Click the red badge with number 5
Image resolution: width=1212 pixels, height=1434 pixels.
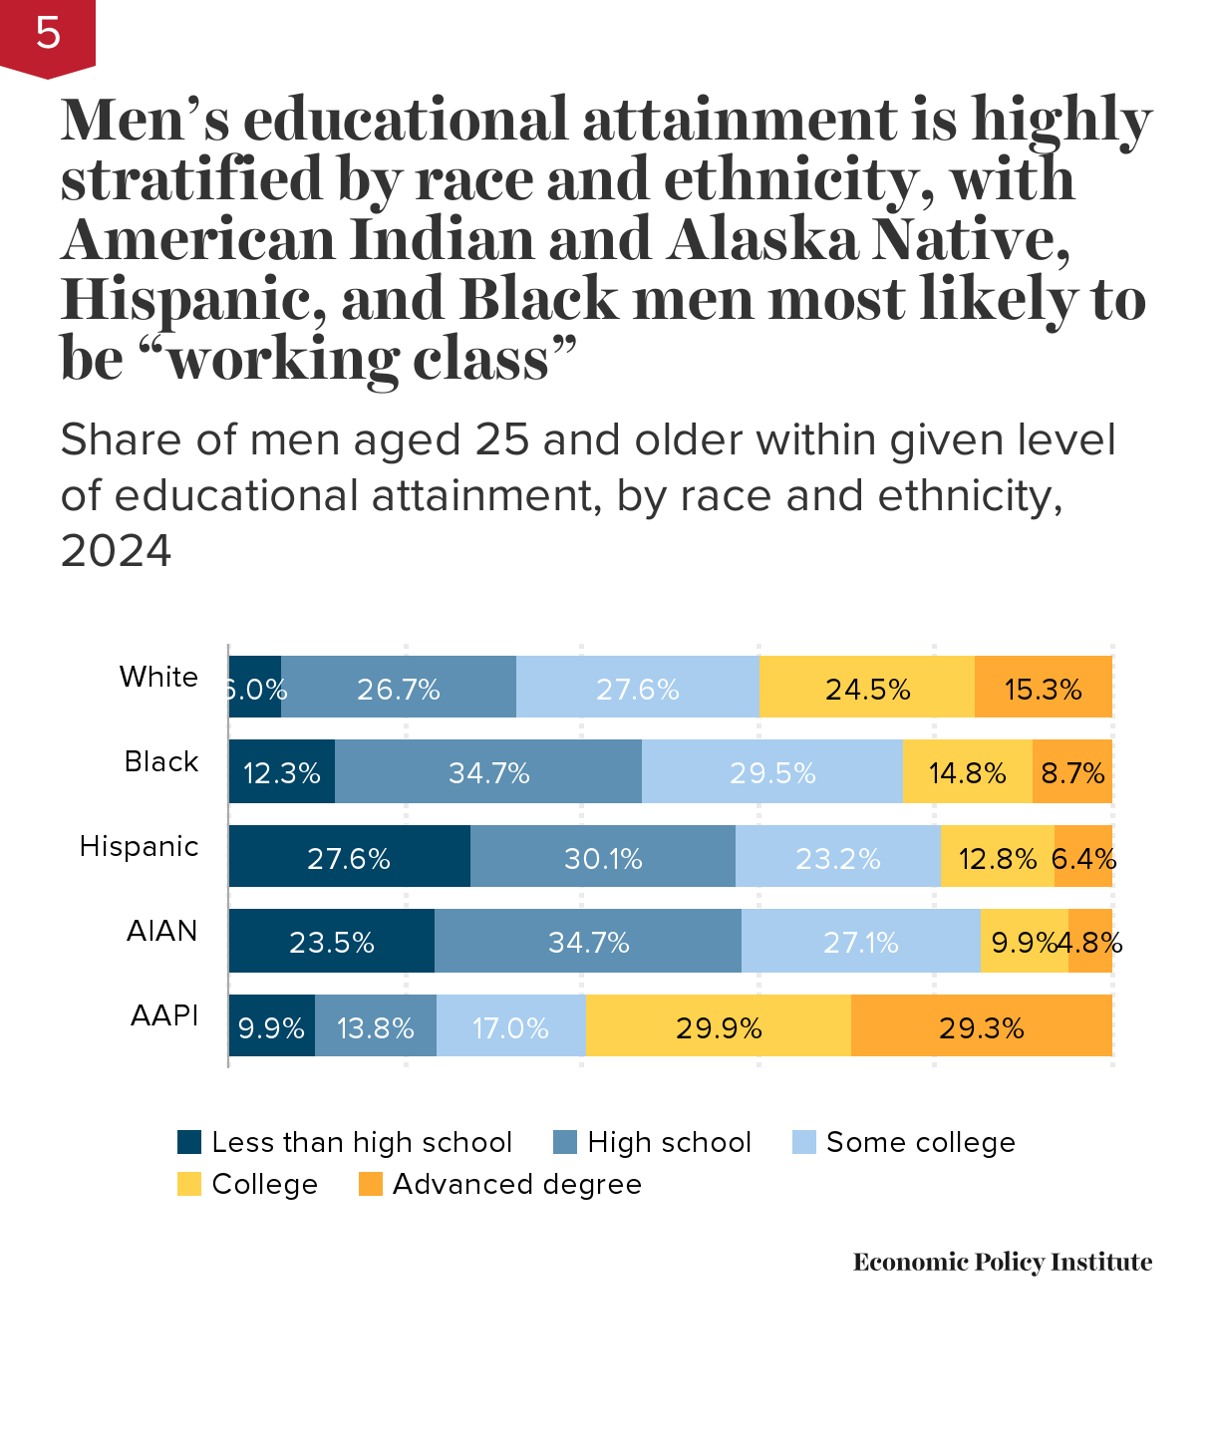[47, 35]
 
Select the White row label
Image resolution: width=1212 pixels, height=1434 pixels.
[158, 677]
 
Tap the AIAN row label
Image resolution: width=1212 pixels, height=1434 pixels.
[161, 931]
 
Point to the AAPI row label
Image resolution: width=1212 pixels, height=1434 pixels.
[164, 1015]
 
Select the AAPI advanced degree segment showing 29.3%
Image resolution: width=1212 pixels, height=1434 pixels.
[981, 1026]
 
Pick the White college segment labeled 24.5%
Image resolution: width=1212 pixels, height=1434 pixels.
[867, 688]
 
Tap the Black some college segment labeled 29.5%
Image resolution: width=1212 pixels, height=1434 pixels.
[772, 772]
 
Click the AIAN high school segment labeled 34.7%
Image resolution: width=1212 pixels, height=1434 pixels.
[588, 942]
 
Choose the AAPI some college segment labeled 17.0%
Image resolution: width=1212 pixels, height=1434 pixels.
[510, 1026]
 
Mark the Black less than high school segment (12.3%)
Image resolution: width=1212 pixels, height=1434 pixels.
[282, 772]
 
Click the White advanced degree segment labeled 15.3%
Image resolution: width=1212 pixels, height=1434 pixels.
[1043, 688]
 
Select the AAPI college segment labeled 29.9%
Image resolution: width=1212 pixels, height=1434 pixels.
[719, 1026]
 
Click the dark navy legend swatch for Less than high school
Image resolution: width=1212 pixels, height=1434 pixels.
[189, 1142]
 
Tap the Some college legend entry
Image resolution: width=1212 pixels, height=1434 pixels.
[904, 1142]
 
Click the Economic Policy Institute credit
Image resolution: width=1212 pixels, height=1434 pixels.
[1002, 1262]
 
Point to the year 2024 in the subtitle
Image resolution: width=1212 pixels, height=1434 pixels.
[116, 550]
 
